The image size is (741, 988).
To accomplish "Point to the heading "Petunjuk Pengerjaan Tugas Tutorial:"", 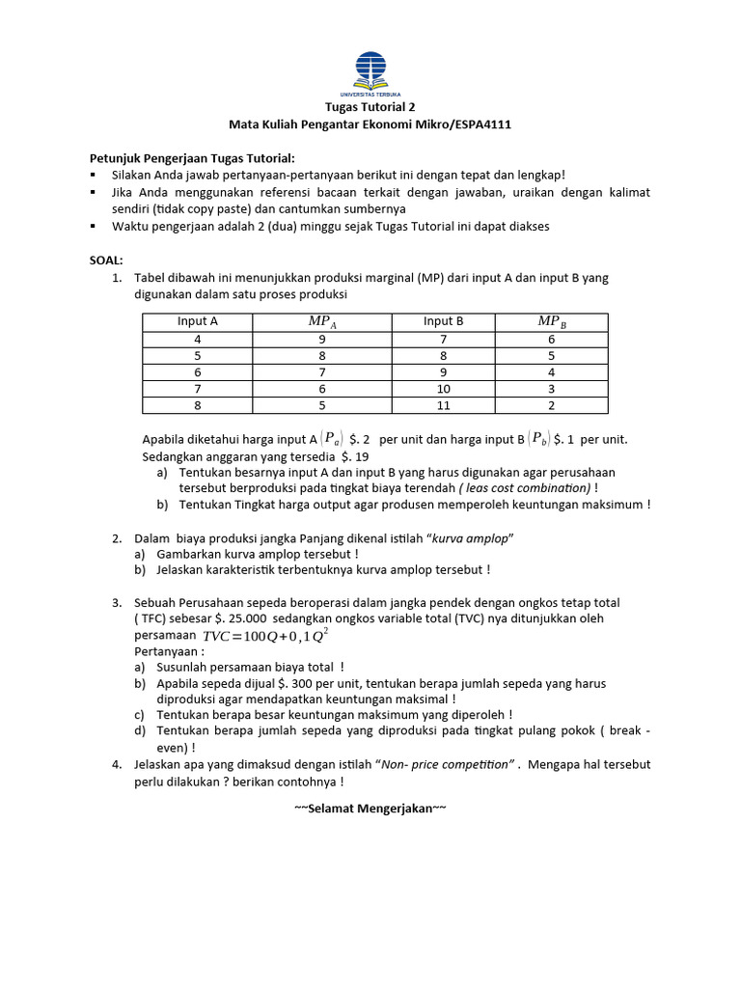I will click(192, 157).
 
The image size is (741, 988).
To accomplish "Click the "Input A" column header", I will click(197, 322).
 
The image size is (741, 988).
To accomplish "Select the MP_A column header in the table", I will click(322, 322).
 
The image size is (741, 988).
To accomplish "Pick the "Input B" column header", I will click(444, 322).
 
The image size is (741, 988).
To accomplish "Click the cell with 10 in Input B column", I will click(444, 389).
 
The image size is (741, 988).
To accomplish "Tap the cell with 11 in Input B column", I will click(444, 405).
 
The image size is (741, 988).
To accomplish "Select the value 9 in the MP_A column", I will click(322, 340).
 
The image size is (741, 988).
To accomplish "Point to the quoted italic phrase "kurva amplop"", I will click(468, 537).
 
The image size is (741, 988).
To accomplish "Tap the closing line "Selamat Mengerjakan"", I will click(370, 808).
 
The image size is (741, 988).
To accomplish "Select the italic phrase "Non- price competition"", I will click(448, 764).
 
